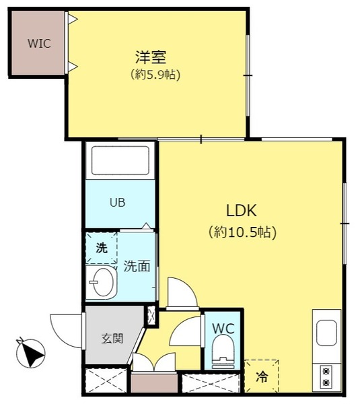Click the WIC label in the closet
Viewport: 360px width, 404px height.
tap(39, 44)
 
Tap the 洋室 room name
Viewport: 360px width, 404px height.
tap(151, 57)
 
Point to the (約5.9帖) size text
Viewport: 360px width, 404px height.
tap(155, 75)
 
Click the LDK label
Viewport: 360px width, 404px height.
tap(242, 211)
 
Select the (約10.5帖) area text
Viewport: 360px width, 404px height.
tap(242, 232)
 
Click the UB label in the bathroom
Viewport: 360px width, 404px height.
tap(118, 203)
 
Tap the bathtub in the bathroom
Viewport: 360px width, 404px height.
tap(120, 161)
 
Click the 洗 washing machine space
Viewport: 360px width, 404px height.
tap(102, 248)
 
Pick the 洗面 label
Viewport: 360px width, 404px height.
tap(137, 267)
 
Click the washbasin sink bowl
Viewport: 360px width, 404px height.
tap(102, 282)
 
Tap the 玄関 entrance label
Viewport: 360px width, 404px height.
tap(112, 339)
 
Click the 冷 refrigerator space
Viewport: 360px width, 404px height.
tap(262, 376)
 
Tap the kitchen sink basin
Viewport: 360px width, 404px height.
tap(326, 333)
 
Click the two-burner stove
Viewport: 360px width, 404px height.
tap(326, 377)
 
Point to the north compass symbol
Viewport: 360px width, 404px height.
tap(31, 352)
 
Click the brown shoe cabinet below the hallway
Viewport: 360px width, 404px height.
tap(154, 383)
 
